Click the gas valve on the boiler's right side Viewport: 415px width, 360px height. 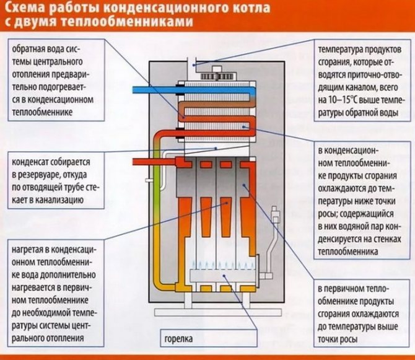coord(265,273)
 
